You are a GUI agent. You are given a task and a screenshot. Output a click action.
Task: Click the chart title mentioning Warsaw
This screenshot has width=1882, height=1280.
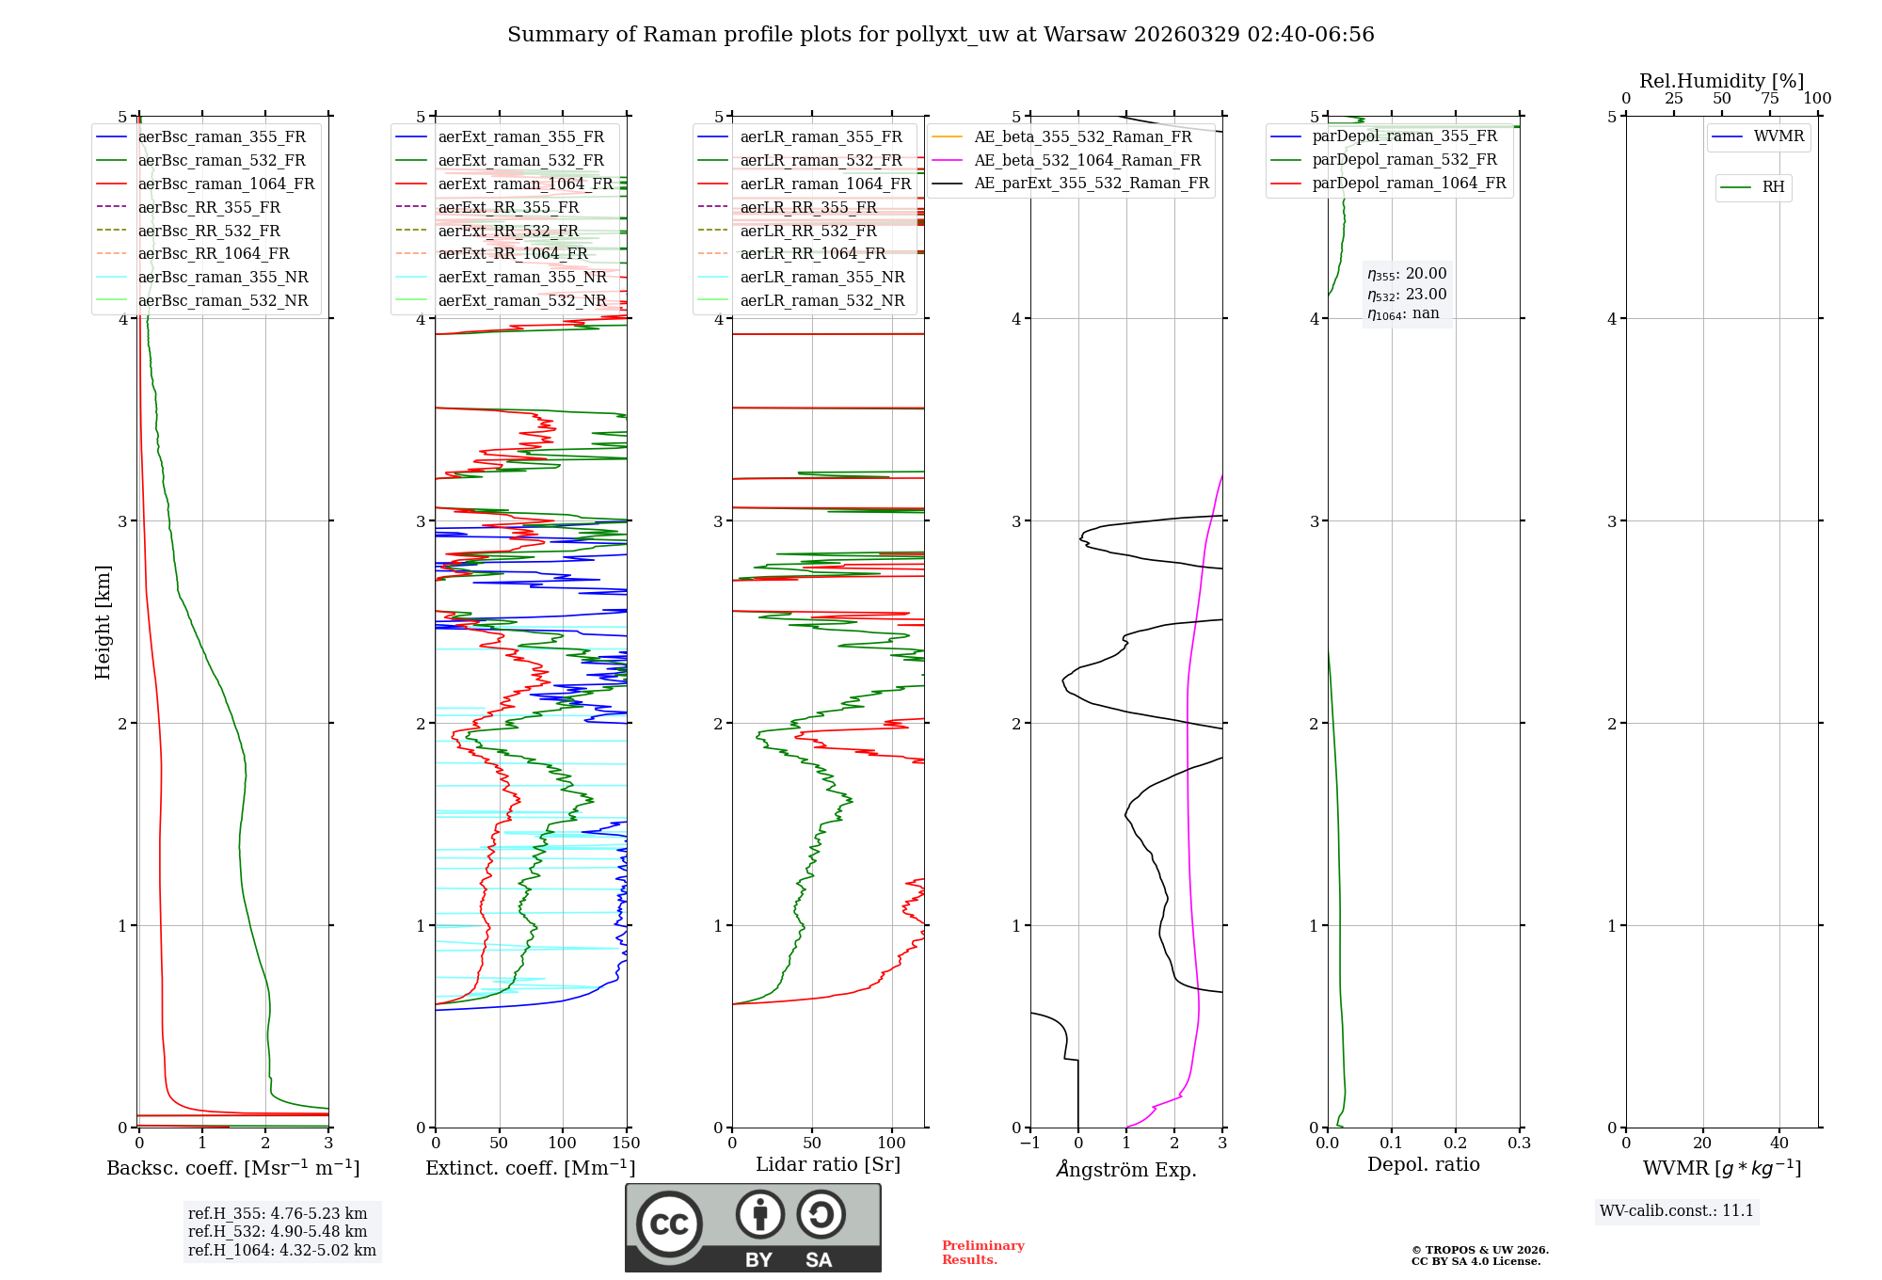pyautogui.click(x=940, y=35)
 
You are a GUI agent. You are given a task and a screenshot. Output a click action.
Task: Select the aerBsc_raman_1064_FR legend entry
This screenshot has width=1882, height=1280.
pyautogui.click(x=226, y=184)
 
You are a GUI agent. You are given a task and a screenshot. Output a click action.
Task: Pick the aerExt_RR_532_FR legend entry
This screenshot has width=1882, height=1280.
pyautogui.click(x=508, y=231)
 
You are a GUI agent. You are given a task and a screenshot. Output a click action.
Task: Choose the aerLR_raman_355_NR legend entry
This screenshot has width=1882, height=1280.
pyautogui.click(x=821, y=277)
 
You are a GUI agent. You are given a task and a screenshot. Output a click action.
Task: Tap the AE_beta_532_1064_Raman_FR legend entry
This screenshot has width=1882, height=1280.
pyautogui.click(x=1087, y=160)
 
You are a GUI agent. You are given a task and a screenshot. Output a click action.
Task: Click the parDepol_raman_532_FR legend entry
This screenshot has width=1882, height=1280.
pyautogui.click(x=1404, y=160)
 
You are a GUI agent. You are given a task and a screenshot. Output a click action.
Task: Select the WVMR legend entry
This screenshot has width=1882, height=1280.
pyautogui.click(x=1778, y=136)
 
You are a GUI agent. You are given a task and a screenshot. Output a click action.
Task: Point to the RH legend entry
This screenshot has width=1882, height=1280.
pyautogui.click(x=1773, y=187)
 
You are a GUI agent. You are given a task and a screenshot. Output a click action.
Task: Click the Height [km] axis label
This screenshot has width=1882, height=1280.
pyautogui.click(x=103, y=621)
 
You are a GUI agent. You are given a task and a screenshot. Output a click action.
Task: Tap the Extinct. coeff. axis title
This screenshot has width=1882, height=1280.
pyautogui.click(x=530, y=1168)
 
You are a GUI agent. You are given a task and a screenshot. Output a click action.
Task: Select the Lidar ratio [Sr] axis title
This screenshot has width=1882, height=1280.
pyautogui.click(x=827, y=1164)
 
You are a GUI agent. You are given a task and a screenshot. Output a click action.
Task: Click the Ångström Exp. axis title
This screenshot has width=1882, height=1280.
pyautogui.click(x=1126, y=1169)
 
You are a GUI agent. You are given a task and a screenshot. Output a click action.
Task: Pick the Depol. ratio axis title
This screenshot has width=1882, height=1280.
pyautogui.click(x=1423, y=1164)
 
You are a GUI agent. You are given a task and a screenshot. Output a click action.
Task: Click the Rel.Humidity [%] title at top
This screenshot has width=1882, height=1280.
pyautogui.click(x=1721, y=81)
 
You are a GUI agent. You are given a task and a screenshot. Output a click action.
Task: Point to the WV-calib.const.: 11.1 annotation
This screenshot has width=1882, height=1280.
pyautogui.click(x=1677, y=1210)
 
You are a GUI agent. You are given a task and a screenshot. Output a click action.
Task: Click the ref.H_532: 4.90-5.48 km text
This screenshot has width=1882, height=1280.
pyautogui.click(x=278, y=1231)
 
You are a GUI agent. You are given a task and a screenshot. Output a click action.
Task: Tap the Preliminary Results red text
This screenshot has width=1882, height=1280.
pyautogui.click(x=982, y=1252)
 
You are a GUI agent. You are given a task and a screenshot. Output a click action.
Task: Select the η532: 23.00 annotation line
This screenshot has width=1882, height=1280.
pyautogui.click(x=1407, y=295)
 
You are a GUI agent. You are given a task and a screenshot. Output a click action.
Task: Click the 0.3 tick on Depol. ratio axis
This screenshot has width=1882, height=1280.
pyautogui.click(x=1519, y=1144)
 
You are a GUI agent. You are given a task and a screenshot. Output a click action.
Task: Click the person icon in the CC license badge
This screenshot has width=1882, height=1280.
pyautogui.click(x=760, y=1214)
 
